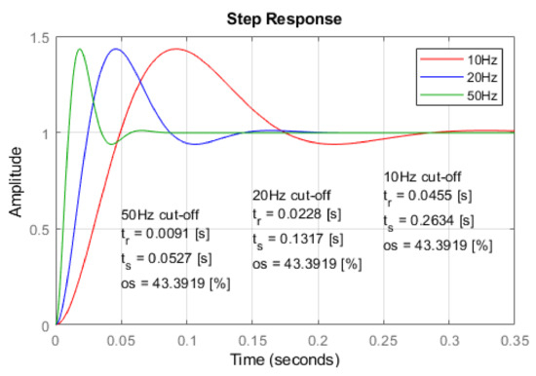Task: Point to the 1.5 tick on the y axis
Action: pyautogui.click(x=40, y=38)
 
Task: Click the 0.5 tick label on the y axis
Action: pyautogui.click(x=40, y=229)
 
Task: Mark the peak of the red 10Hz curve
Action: pyautogui.click(x=176, y=49)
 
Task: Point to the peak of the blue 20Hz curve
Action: pyautogui.click(x=116, y=49)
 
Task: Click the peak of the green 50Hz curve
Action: pyautogui.click(x=80, y=49)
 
